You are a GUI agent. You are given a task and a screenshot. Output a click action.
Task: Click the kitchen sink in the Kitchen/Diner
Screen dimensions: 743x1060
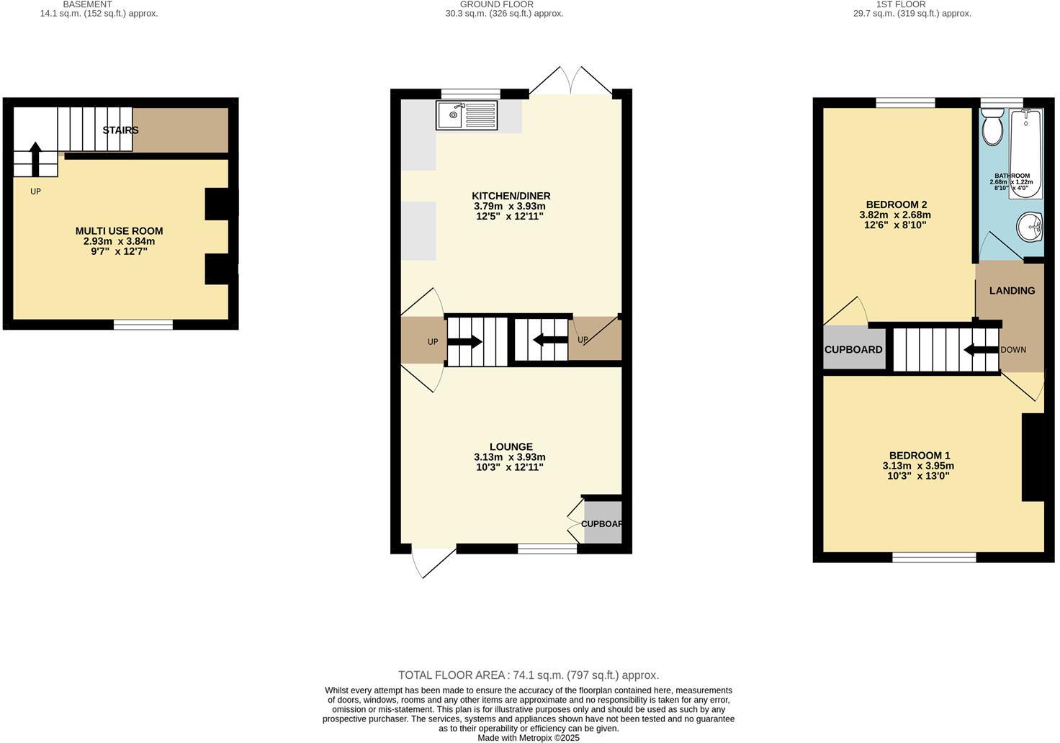[466, 115]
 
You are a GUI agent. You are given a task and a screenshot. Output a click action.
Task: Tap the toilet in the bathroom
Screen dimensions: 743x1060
[993, 128]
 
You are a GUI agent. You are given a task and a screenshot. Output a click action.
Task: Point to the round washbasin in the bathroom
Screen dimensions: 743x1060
[1030, 228]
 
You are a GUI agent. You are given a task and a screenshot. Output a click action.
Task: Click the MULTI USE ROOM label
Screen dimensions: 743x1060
[120, 231]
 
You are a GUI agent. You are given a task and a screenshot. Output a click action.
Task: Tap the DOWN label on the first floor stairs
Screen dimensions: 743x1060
[1012, 350]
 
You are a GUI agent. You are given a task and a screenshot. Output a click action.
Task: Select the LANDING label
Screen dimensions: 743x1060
[1012, 291]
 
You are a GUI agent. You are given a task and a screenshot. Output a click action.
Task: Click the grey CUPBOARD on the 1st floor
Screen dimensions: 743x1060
[853, 349]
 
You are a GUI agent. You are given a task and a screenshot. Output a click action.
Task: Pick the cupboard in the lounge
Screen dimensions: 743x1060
[603, 523]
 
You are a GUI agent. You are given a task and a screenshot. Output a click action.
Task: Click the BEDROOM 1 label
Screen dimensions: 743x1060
[920, 455]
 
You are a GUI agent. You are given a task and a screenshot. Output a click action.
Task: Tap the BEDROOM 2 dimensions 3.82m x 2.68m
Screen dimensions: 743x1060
[895, 215]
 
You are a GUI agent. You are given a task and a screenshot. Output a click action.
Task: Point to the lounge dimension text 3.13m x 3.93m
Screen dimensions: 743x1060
[509, 457]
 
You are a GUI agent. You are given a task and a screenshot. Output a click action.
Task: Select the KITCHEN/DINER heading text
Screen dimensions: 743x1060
[511, 196]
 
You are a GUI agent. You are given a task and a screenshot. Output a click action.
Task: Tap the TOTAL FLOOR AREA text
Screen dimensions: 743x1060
[529, 675]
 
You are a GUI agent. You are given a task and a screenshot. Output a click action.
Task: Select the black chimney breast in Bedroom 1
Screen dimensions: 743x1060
[1033, 457]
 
